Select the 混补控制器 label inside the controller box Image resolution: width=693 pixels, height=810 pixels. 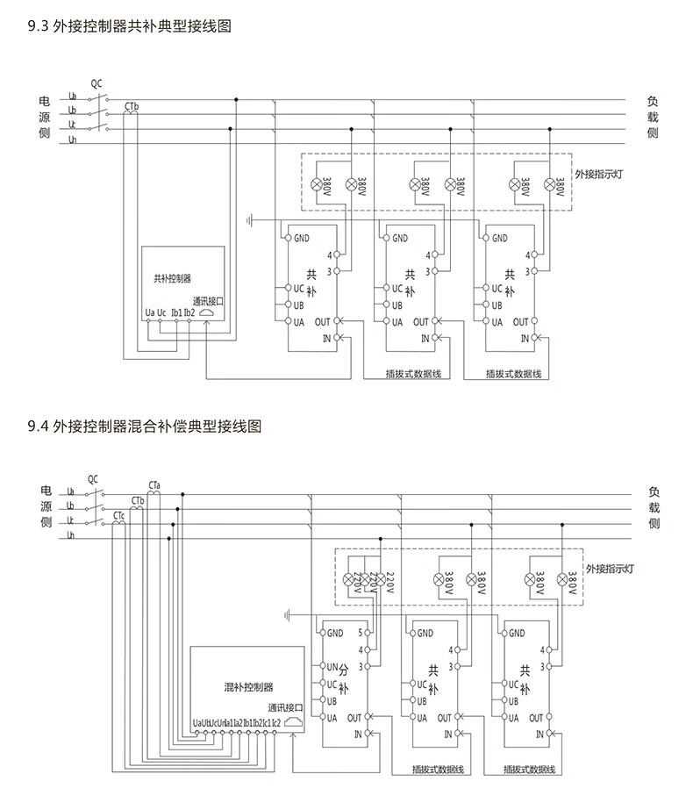tap(249, 686)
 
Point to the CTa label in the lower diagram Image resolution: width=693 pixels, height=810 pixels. tap(154, 484)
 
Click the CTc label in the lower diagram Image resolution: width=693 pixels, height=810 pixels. tap(118, 515)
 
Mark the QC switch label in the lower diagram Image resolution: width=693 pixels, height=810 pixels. tap(94, 478)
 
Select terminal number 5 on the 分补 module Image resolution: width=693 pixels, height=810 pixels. tap(361, 633)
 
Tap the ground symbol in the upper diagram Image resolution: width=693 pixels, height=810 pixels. tap(251, 219)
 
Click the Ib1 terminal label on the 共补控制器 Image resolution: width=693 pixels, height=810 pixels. tap(176, 312)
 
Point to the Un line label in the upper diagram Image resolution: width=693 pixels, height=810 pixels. tap(73, 140)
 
